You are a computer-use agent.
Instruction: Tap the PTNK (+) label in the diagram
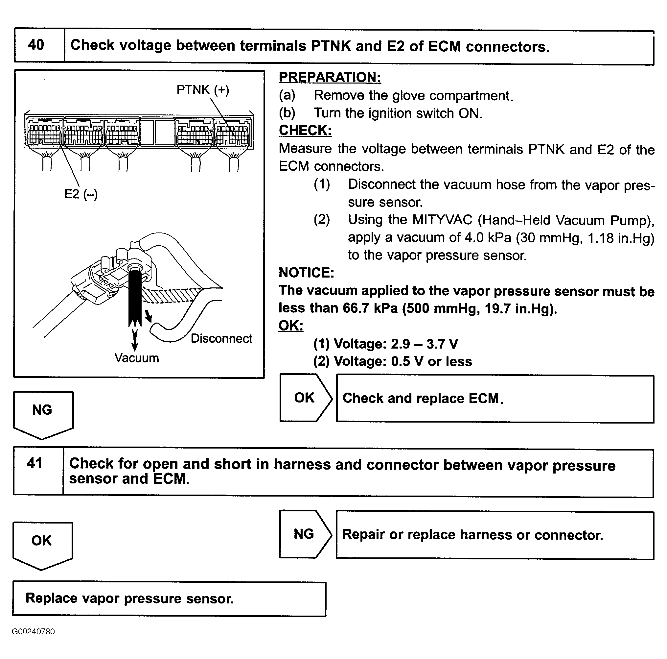203,90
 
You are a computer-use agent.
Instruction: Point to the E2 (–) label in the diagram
81,194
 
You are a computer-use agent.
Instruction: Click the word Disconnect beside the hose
221,338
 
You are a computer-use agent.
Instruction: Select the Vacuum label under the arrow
137,358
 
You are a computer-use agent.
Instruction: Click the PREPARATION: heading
330,77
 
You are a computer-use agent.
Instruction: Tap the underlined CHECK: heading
305,130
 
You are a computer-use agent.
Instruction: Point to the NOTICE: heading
306,273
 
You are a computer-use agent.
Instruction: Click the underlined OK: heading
291,326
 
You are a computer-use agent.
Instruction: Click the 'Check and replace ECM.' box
495,399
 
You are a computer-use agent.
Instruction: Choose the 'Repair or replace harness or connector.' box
495,535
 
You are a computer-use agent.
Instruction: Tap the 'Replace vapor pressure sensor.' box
169,598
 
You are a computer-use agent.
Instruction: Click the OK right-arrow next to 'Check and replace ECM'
305,398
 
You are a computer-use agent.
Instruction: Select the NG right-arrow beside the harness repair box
305,534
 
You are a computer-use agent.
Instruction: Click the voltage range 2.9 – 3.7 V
424,344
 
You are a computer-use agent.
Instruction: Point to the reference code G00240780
33,631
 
